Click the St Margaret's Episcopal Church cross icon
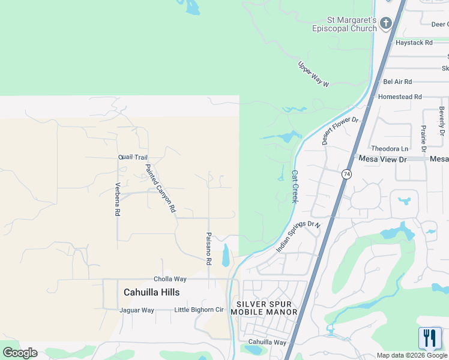(385, 23)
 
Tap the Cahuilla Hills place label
(151, 292)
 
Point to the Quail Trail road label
(133, 157)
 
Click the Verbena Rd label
(118, 199)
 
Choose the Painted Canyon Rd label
(160, 188)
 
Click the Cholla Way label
(170, 279)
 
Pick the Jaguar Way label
(137, 310)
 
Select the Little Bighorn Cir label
(198, 310)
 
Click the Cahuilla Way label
(267, 342)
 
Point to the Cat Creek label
(295, 186)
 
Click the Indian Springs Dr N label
(298, 236)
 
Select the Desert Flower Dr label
(340, 130)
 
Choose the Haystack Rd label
(414, 43)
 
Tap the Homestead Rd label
(400, 97)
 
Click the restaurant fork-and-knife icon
(430, 338)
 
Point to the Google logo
(20, 353)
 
